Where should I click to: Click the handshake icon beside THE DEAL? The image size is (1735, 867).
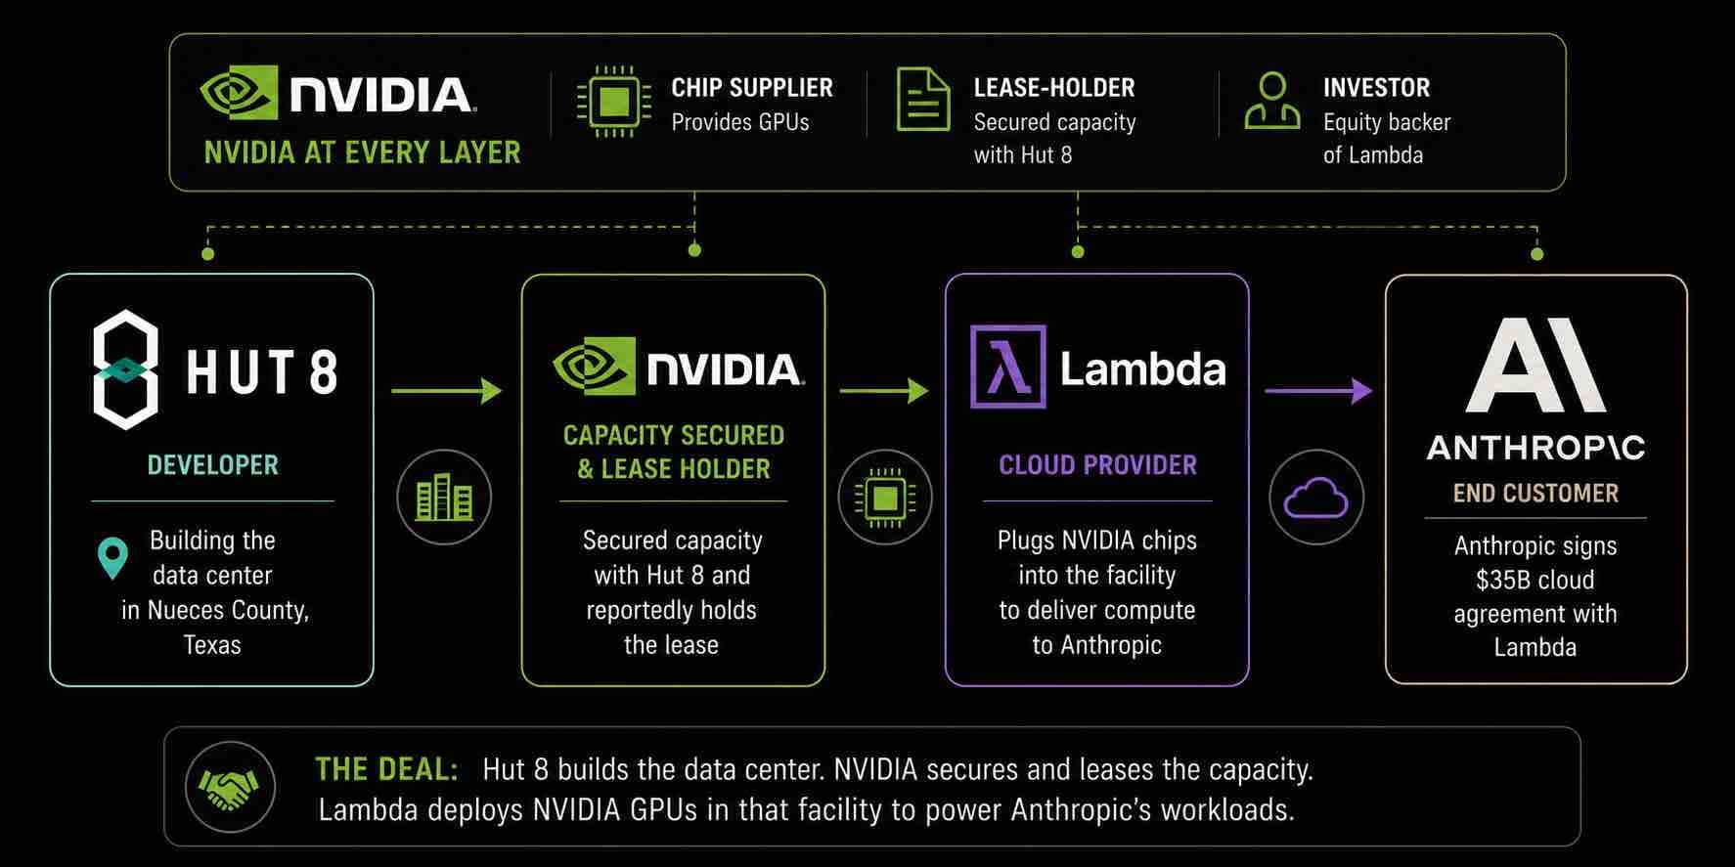point(230,787)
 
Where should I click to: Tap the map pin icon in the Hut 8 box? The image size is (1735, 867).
point(113,558)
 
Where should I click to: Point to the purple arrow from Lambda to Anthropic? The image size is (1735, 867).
point(1318,390)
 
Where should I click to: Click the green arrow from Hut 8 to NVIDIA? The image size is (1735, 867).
point(446,390)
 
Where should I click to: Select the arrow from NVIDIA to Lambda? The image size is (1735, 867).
point(884,390)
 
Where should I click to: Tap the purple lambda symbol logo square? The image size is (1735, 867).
point(1007,367)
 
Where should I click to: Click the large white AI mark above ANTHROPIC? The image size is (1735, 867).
point(1535,364)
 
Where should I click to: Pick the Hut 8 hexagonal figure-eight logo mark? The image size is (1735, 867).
point(125,369)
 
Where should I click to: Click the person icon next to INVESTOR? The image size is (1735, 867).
point(1272,101)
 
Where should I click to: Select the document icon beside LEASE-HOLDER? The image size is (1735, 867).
point(923,99)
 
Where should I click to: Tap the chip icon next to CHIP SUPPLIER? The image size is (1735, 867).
point(613,101)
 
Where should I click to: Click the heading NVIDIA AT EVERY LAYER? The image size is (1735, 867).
point(362,152)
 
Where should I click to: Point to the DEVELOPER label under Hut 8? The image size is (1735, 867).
point(212,464)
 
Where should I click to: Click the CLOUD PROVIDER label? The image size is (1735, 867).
point(1097,464)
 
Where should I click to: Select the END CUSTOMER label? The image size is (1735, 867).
point(1535,493)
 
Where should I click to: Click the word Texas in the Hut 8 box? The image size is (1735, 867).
point(212,645)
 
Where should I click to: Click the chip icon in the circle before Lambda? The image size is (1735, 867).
point(885,498)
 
